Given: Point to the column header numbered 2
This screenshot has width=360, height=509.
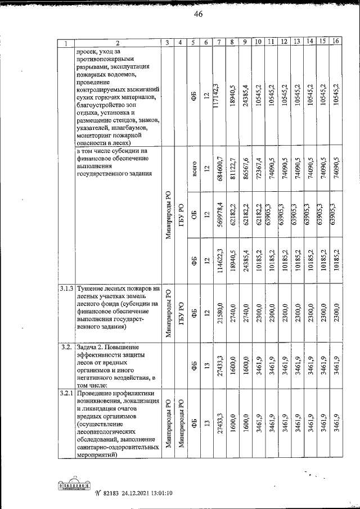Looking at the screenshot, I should (x=118, y=43).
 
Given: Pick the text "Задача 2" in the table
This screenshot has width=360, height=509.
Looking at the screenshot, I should (x=93, y=347).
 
